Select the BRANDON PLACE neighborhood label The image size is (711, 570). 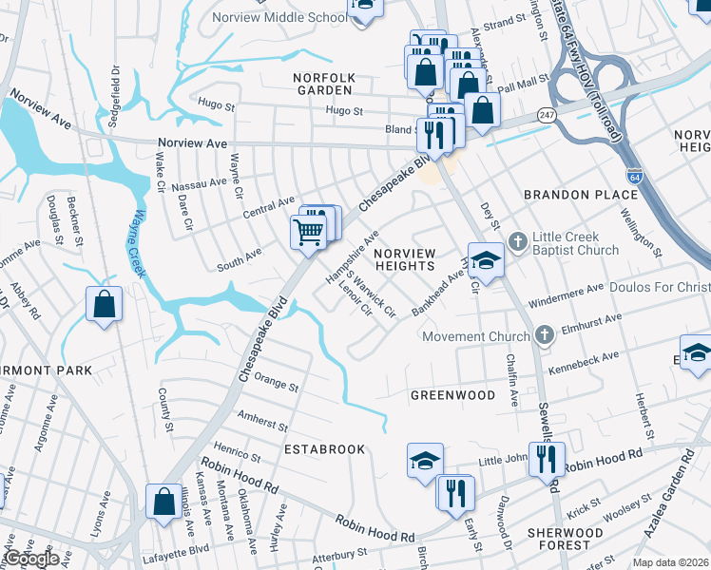[x=580, y=195]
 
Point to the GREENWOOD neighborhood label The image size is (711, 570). [x=452, y=394]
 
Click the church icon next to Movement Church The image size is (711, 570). [x=544, y=335]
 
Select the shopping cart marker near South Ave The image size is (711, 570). [x=308, y=232]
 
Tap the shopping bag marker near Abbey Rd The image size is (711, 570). [x=104, y=305]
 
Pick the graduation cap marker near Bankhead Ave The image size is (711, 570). [x=486, y=261]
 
